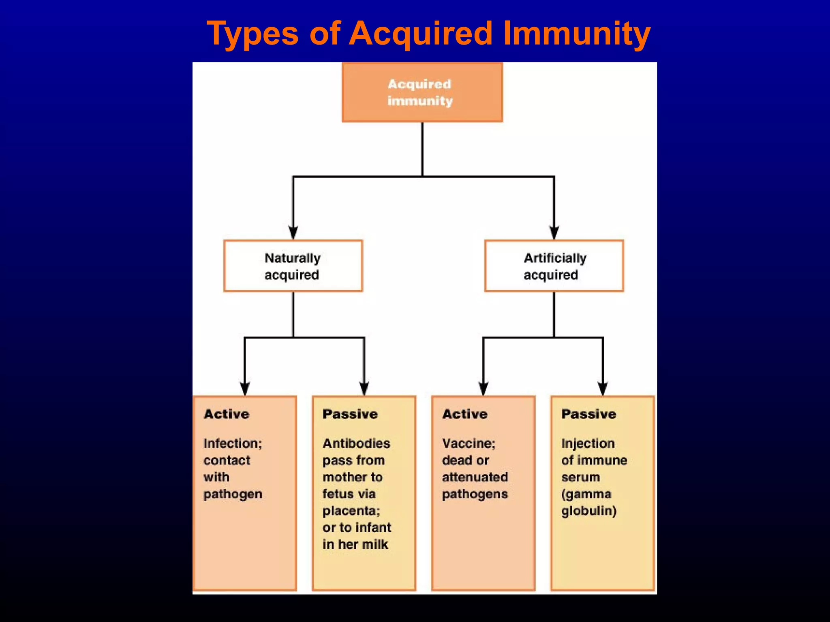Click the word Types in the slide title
[x=252, y=34]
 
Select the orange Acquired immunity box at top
[x=422, y=92]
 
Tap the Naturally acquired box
[x=293, y=266]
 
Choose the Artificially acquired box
[x=554, y=266]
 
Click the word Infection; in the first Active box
[x=233, y=443]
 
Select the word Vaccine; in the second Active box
[x=468, y=443]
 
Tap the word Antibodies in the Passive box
[x=356, y=443]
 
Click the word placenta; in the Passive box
[x=351, y=511]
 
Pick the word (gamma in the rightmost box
[x=586, y=494]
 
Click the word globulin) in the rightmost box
[x=588, y=511]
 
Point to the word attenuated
[x=475, y=477]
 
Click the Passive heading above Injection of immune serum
[x=588, y=414]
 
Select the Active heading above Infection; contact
[x=226, y=414]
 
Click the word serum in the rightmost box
[x=580, y=477]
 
